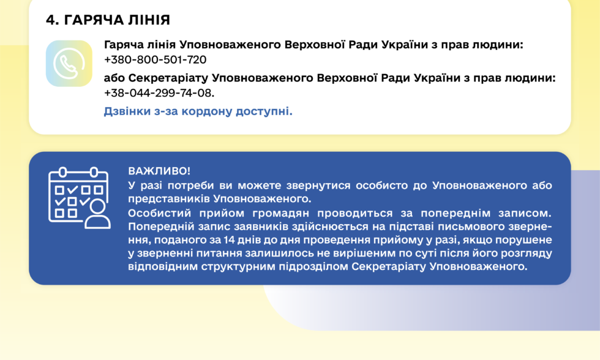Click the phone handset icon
[69, 64]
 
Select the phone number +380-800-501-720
[155, 60]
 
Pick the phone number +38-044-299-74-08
[159, 93]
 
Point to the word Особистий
[156, 213]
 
